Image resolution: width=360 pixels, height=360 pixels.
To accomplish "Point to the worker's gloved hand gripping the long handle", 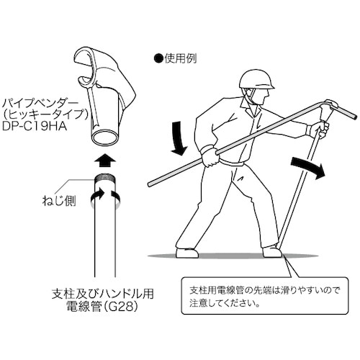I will tap(210, 155).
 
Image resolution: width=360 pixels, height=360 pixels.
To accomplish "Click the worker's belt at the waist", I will tap(230, 160).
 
